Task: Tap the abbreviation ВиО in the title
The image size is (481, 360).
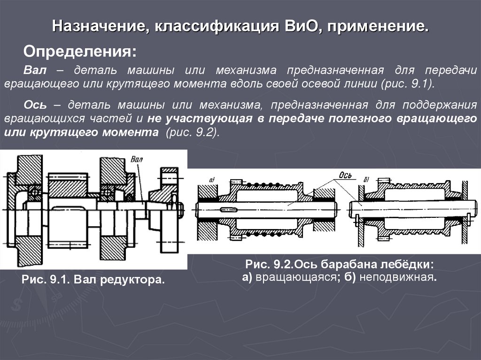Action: click(x=297, y=26)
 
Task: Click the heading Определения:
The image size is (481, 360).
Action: click(x=80, y=51)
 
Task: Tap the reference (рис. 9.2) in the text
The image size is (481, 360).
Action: click(x=193, y=132)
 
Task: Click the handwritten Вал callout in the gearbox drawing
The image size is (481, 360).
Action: click(x=137, y=159)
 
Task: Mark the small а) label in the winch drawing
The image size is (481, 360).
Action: click(x=211, y=180)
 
